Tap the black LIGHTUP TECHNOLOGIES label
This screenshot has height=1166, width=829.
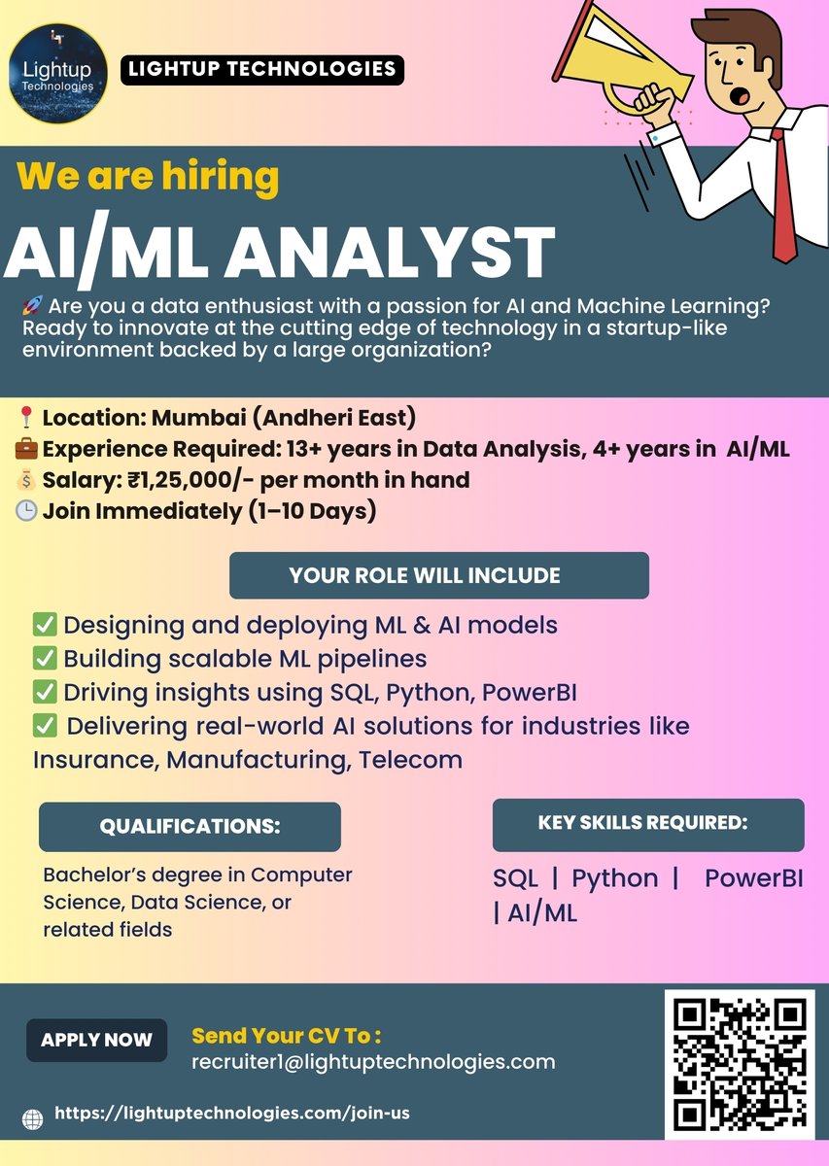(261, 69)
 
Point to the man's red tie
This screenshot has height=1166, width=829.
(783, 194)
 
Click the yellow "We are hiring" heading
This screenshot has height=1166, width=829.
(148, 177)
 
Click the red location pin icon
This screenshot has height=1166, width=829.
(26, 420)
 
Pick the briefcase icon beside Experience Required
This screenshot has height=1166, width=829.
(26, 450)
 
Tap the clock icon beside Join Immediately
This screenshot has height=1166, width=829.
(26, 509)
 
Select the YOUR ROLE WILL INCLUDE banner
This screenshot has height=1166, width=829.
(438, 575)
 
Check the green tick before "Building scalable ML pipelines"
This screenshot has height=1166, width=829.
(45, 659)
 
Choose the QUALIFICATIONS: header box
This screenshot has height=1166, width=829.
(190, 827)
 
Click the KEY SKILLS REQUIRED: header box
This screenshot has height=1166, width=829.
(648, 824)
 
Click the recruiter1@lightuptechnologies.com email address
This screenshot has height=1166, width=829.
(374, 1062)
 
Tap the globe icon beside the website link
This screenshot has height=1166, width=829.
(33, 1118)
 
